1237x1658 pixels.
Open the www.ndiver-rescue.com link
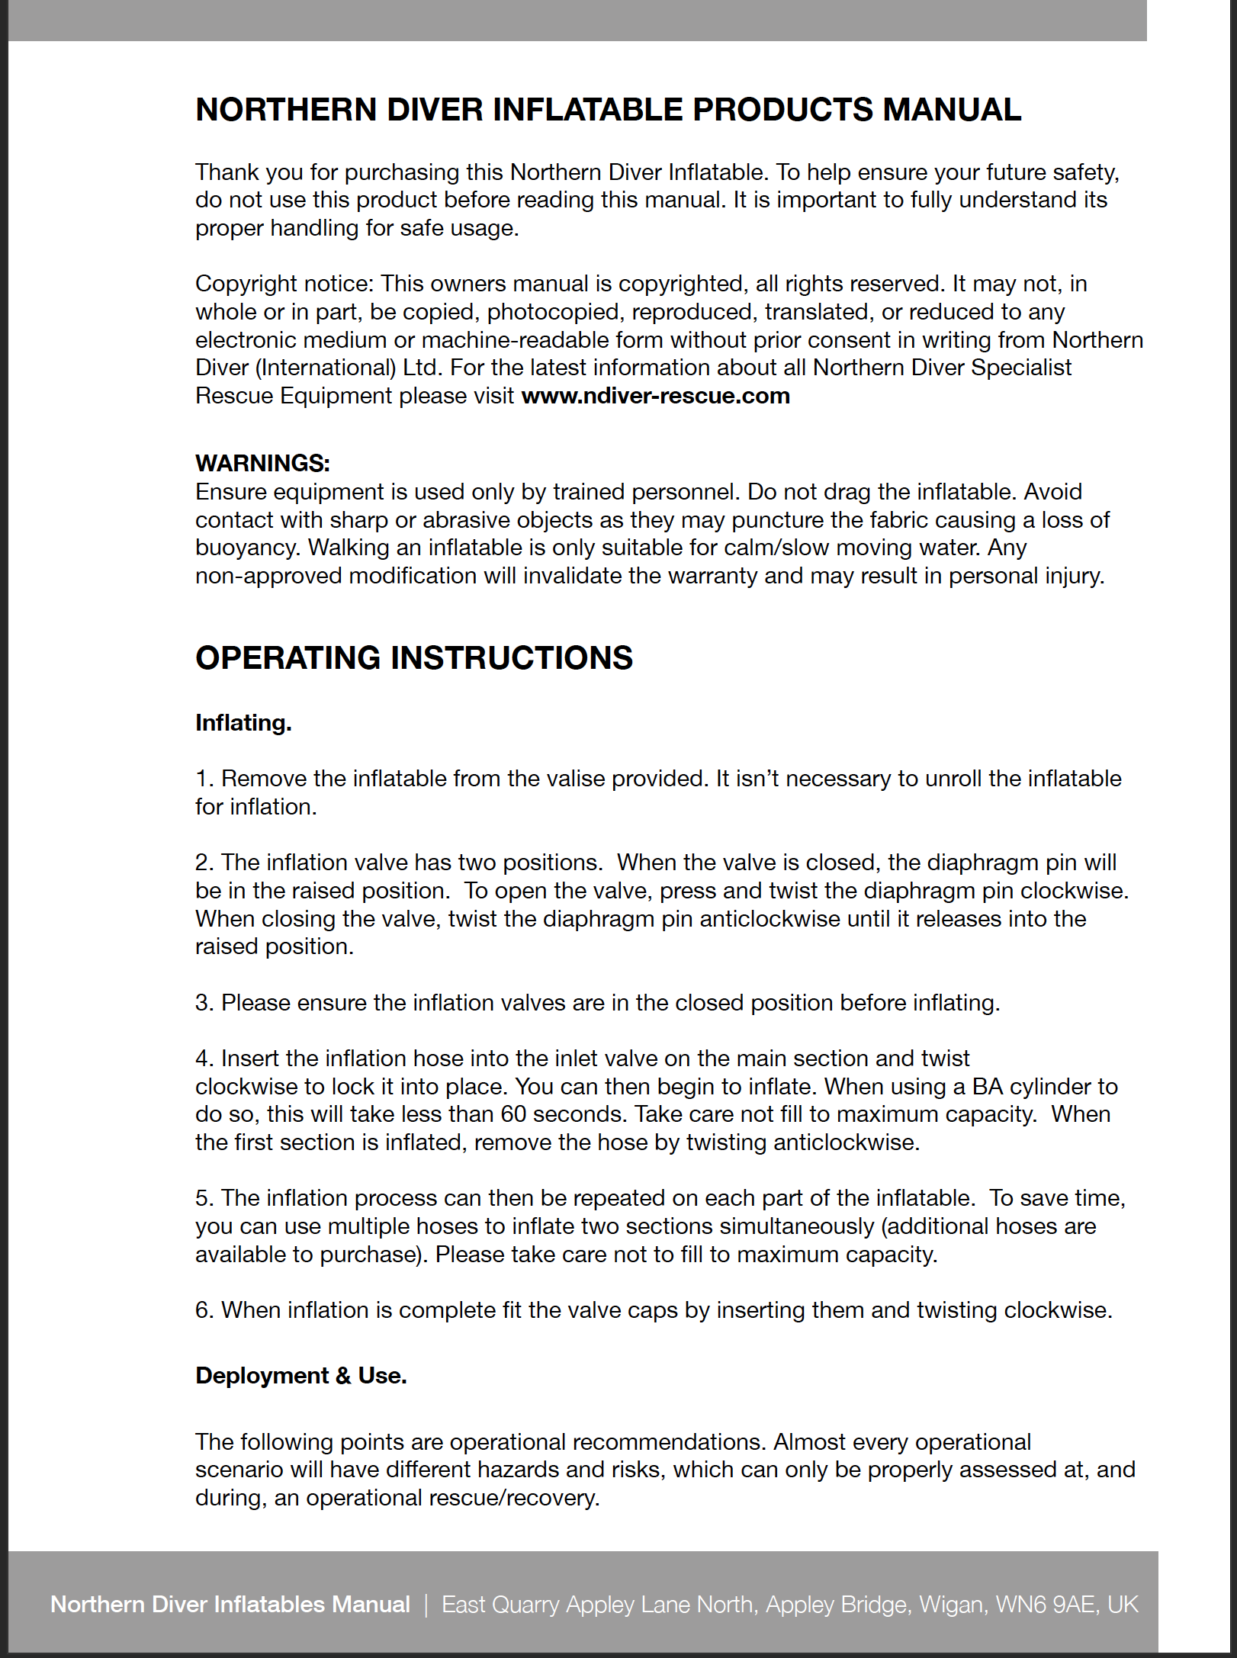tap(655, 396)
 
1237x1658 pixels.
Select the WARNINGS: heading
tap(262, 463)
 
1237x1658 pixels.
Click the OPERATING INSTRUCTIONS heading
tap(414, 658)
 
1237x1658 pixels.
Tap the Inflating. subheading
tap(243, 723)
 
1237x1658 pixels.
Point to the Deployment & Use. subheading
tap(301, 1375)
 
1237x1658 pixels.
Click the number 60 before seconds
tap(513, 1114)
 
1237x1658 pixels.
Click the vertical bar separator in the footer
tap(426, 1605)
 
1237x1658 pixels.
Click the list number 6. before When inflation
tap(204, 1310)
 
